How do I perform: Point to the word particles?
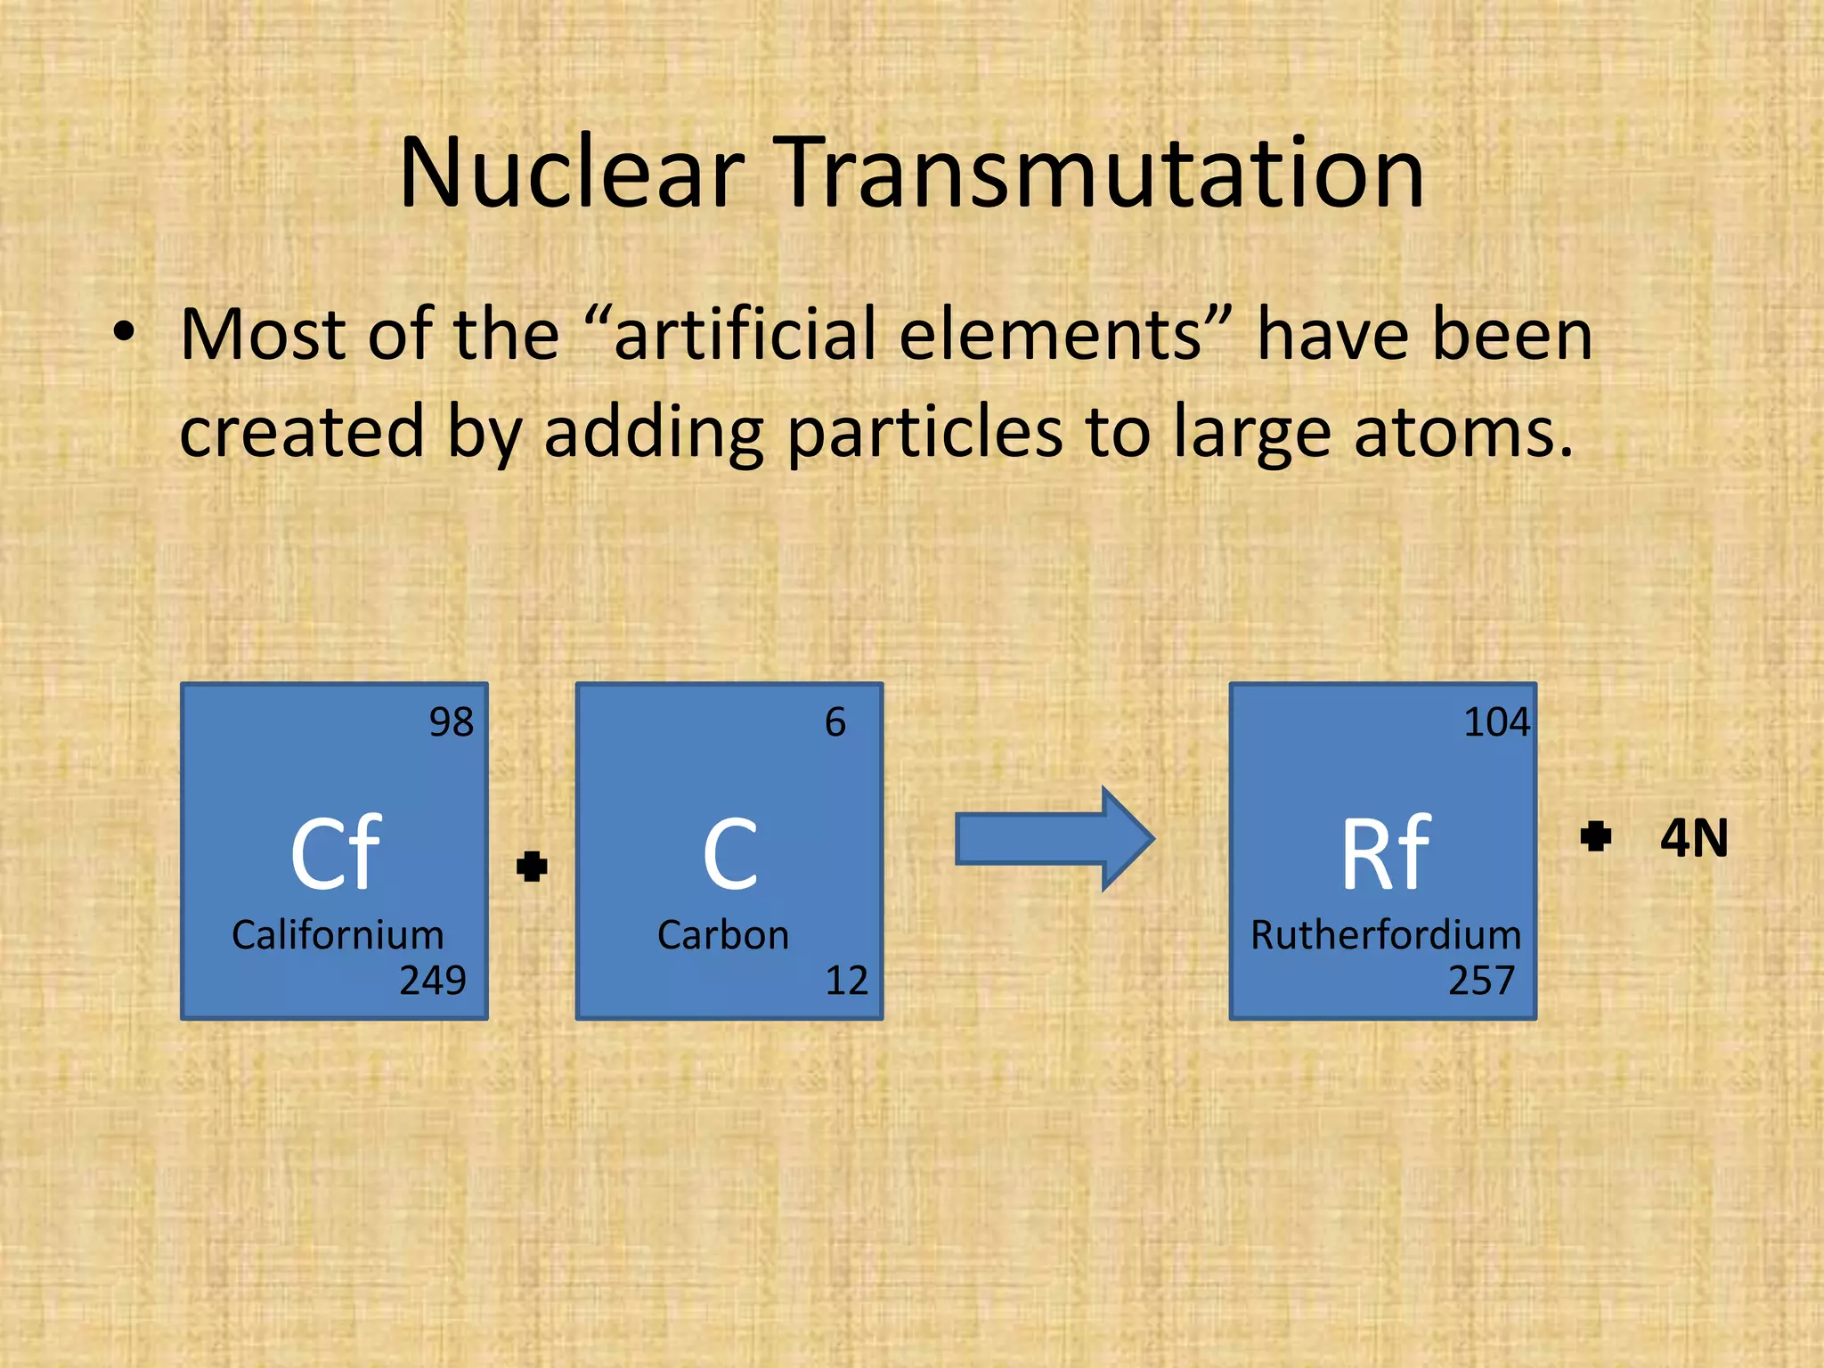click(926, 432)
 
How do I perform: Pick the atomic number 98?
click(451, 722)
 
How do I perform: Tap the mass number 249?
click(433, 981)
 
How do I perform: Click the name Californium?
click(338, 935)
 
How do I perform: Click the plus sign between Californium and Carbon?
click(532, 866)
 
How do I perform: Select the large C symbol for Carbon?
click(729, 855)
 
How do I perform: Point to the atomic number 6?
click(835, 722)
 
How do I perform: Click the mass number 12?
click(846, 981)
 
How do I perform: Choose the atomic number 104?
click(1496, 722)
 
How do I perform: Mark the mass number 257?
click(1481, 981)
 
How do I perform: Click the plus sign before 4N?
click(1595, 837)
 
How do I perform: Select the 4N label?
click(1694, 838)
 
